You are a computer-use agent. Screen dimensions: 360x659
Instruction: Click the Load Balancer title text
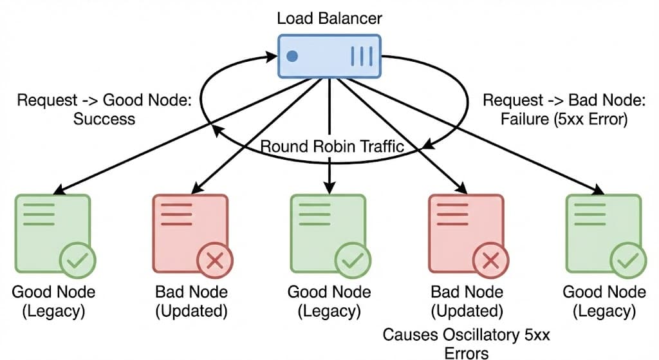point(329,17)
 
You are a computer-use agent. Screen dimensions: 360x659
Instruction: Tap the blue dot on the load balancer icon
point(292,56)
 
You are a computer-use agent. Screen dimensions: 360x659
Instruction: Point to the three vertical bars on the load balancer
point(362,56)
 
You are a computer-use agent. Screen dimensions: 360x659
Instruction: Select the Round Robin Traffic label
point(332,146)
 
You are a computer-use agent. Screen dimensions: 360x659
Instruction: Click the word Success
point(104,119)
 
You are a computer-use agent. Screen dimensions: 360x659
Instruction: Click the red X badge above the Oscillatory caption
point(491,261)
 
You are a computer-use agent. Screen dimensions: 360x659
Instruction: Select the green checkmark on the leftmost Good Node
point(77,261)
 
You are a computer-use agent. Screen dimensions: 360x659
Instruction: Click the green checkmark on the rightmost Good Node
point(628,261)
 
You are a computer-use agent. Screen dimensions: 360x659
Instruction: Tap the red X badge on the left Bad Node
point(215,261)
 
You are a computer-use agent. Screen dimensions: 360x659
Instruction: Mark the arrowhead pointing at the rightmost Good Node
point(600,191)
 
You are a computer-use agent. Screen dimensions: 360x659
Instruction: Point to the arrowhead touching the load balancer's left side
point(274,59)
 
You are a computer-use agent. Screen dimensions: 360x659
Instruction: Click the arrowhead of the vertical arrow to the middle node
point(329,187)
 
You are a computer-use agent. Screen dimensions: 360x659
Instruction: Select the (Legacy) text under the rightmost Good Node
point(604,312)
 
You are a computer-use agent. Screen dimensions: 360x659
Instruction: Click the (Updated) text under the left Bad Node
point(191,312)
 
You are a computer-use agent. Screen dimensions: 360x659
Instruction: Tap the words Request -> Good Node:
point(104,101)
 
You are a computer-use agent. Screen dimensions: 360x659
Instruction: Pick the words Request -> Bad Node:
point(554,101)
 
